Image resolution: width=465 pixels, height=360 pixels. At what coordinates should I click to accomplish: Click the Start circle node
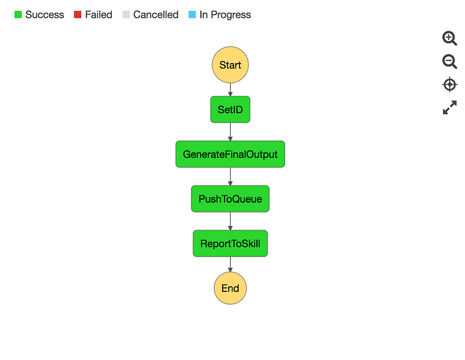coord(230,65)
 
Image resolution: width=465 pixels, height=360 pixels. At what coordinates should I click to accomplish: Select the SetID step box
coord(230,110)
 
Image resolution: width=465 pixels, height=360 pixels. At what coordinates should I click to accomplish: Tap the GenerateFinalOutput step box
coord(230,154)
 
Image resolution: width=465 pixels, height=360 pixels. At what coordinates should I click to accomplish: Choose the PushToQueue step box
coord(230,199)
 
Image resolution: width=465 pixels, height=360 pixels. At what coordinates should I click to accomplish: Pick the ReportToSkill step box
coord(230,243)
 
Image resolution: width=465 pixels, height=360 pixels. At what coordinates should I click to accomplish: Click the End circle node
coord(230,288)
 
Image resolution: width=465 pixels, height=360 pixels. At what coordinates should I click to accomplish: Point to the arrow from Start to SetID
coord(230,89)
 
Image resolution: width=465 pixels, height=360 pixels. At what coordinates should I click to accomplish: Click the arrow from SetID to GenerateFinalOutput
coord(230,132)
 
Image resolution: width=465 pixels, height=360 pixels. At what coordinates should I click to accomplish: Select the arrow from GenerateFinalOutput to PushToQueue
coord(230,176)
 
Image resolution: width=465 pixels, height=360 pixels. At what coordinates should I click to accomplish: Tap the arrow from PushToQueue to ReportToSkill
coord(230,221)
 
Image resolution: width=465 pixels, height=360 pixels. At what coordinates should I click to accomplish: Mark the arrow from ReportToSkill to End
coord(230,264)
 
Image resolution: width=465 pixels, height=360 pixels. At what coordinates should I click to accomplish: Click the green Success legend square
coord(18,15)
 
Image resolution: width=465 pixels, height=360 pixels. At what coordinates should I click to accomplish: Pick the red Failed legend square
coord(78,15)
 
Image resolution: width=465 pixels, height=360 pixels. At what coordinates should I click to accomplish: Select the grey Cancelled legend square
coord(126,15)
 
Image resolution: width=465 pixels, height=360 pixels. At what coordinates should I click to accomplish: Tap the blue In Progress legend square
coord(192,15)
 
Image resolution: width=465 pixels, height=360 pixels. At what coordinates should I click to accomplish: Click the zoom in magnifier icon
coord(450,39)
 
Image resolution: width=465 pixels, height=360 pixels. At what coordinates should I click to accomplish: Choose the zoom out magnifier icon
coord(450,61)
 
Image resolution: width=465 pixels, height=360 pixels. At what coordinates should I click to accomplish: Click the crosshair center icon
coord(450,84)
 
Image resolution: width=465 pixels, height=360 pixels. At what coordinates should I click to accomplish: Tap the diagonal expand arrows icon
coord(450,107)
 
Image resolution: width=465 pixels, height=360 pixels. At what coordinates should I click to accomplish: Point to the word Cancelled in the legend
coord(156,15)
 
